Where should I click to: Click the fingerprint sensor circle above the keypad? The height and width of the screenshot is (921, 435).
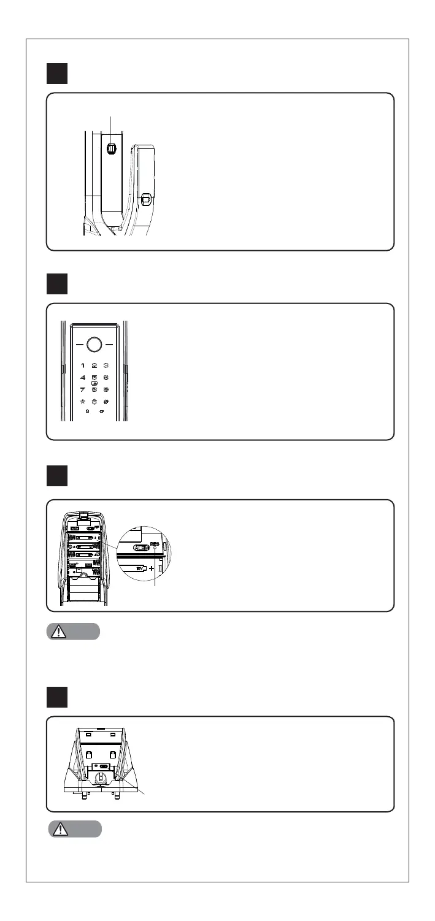(x=94, y=345)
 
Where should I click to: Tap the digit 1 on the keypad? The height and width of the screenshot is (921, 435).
(x=83, y=365)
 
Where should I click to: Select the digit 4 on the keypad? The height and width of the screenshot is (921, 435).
(x=83, y=379)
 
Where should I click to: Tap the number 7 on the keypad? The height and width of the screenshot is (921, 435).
(x=83, y=390)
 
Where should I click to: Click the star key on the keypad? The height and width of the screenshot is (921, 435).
(x=83, y=403)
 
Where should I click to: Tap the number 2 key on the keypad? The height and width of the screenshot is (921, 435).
(x=94, y=365)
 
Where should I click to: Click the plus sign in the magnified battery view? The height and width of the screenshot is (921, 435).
(x=150, y=568)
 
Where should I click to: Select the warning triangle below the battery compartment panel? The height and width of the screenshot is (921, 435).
(x=58, y=632)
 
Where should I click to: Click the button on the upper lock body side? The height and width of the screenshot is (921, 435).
(x=112, y=148)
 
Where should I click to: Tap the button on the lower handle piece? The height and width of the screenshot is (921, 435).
(x=146, y=200)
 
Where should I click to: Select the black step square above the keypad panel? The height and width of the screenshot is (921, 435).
(x=61, y=285)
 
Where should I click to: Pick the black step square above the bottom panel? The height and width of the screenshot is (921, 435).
(x=61, y=698)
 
